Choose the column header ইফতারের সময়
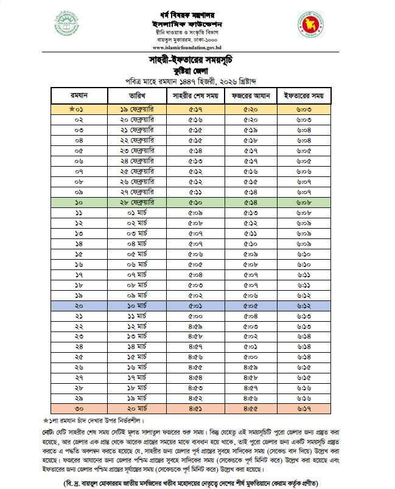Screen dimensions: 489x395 tap(304, 96)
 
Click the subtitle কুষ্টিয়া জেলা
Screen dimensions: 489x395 tap(195, 71)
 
